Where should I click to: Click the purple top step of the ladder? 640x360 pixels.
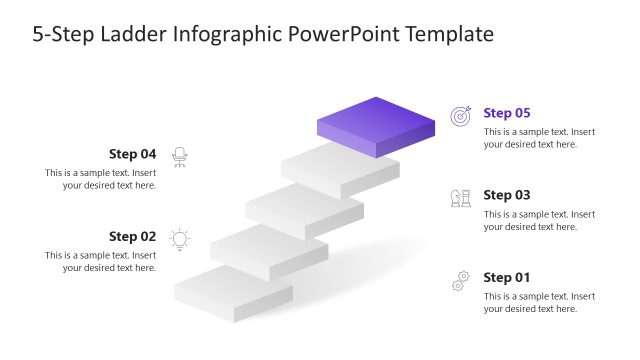376,125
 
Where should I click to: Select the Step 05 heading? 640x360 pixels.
506,113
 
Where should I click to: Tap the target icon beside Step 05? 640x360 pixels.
460,116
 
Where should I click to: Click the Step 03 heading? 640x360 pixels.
506,195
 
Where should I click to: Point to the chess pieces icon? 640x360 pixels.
460,198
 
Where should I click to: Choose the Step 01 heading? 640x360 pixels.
506,277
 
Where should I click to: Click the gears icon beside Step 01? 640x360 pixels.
460,281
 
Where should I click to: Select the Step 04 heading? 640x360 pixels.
132,154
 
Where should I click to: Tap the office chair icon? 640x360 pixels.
180,156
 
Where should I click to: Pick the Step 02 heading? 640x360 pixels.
132,237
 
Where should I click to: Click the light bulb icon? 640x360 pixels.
180,239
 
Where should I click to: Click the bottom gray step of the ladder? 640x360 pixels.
233,296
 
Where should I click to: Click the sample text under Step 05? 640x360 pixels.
539,138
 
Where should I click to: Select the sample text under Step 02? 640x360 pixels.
100,262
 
